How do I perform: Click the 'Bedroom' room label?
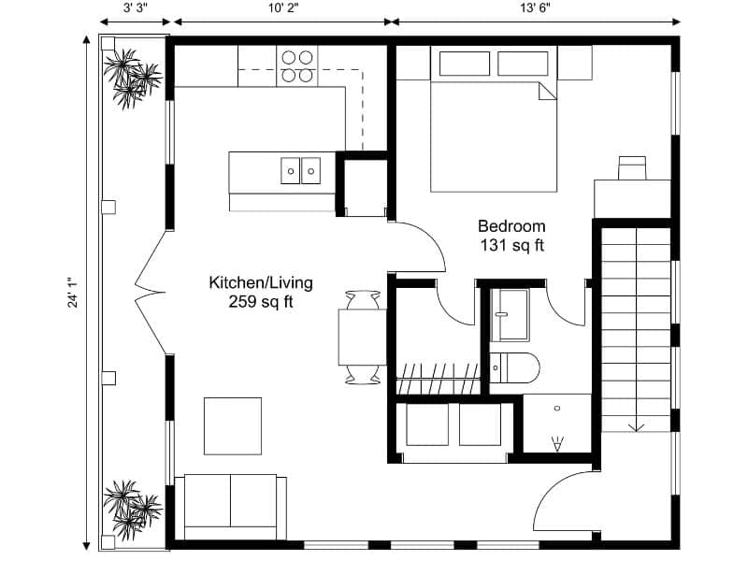coord(511,225)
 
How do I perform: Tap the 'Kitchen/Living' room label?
coord(260,282)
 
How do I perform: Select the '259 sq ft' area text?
coord(260,302)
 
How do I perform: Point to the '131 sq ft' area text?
coord(511,246)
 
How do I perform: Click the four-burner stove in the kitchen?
coord(297,65)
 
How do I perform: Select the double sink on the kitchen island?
coord(300,170)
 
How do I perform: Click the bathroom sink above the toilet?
coord(511,313)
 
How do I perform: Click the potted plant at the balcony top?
coord(130,77)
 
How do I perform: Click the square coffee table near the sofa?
coord(233,425)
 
